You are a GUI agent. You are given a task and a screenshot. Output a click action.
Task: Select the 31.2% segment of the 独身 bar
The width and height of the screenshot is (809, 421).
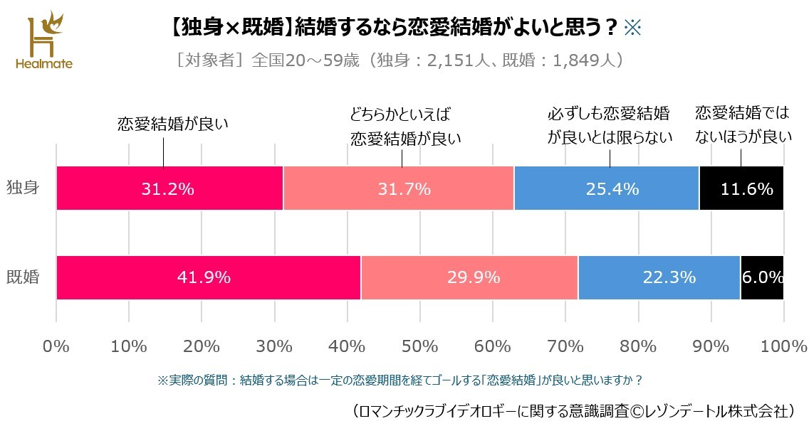tap(169, 188)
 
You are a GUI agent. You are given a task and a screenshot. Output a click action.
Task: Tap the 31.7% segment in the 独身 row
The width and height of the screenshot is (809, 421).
tap(398, 188)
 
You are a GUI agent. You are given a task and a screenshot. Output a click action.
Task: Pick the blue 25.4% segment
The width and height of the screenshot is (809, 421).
tap(606, 188)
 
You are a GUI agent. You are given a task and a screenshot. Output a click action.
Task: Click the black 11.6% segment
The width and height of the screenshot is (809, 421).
tap(741, 188)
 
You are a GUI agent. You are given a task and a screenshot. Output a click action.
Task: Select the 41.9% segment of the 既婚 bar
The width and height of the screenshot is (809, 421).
tap(208, 277)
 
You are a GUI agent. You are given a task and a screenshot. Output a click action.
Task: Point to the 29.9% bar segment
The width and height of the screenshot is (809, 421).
tap(469, 277)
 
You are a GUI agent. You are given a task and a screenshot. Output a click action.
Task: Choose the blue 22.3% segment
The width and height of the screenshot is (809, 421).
tap(659, 277)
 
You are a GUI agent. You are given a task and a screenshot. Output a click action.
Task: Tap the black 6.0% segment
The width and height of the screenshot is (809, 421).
tap(762, 277)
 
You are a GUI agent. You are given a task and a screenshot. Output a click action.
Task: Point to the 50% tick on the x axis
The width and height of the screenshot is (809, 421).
tap(419, 346)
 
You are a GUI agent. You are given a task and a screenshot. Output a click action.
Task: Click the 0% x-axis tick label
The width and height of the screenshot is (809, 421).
tap(56, 346)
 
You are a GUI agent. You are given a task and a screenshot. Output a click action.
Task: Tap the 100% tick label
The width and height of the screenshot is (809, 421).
tap(783, 346)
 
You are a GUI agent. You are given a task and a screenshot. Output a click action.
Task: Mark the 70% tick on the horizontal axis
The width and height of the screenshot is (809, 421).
tap(565, 346)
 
